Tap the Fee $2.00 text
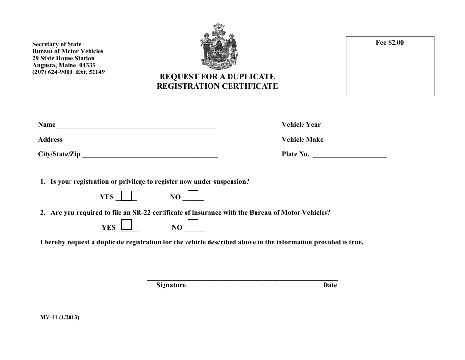[x=390, y=43]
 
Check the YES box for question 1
[x=127, y=195]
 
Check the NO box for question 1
[x=193, y=195]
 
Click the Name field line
[x=137, y=126]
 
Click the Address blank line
[x=140, y=141]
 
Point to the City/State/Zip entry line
[x=150, y=155]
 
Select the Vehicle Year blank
[x=355, y=126]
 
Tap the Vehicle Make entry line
[x=356, y=141]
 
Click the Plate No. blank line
[x=349, y=155]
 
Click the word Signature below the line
[x=171, y=285]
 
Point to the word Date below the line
[x=330, y=285]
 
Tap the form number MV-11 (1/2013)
[x=60, y=317]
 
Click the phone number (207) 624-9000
[x=52, y=72]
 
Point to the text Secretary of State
[x=57, y=44]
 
